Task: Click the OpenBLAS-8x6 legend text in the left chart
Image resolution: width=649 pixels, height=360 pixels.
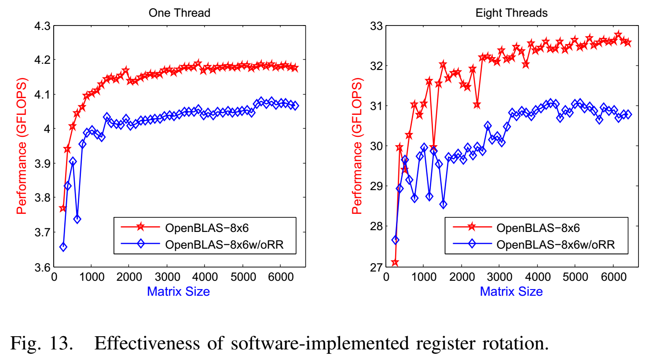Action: click(207, 228)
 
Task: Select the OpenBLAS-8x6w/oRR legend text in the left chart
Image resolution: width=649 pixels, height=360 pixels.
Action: click(224, 245)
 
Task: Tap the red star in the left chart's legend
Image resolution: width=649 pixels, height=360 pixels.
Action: click(140, 227)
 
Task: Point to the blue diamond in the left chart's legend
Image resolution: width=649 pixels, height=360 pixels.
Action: click(140, 243)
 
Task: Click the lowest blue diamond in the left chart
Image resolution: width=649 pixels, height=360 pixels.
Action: click(63, 247)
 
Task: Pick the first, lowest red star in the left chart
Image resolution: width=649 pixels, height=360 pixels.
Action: click(62, 208)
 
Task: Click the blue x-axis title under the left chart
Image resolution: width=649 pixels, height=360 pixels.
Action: click(179, 291)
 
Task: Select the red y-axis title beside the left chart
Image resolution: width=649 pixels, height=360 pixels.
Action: click(22, 146)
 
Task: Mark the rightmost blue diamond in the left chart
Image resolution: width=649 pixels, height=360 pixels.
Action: click(295, 106)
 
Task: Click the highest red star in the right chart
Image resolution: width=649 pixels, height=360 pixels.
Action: click(618, 35)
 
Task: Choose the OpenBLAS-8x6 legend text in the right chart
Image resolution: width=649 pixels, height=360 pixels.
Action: click(538, 228)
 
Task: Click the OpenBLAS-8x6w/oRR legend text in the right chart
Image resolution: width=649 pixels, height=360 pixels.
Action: click(555, 245)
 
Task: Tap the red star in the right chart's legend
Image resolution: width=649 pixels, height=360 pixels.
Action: click(472, 227)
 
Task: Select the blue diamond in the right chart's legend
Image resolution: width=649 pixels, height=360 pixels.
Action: click(472, 243)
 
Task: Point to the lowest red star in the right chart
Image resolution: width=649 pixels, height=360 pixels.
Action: click(395, 263)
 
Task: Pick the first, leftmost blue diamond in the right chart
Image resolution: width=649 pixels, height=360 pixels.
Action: click(395, 240)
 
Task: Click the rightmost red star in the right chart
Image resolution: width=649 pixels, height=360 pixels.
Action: click(628, 43)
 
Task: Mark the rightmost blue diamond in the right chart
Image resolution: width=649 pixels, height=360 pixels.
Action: click(628, 114)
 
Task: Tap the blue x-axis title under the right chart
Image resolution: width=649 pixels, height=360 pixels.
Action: click(511, 291)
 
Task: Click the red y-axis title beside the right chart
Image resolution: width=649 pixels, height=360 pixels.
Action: click(357, 146)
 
